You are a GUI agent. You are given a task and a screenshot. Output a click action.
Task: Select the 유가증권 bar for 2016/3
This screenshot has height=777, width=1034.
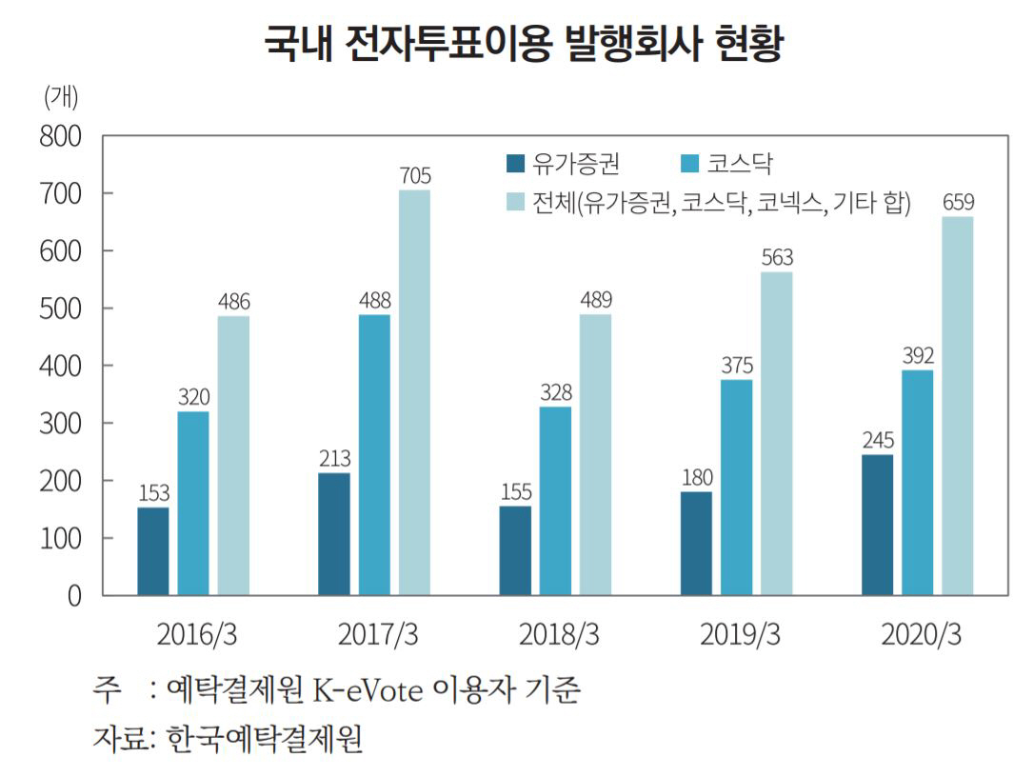pos(153,551)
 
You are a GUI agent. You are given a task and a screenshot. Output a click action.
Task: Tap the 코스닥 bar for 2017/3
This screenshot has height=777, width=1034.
pos(374,455)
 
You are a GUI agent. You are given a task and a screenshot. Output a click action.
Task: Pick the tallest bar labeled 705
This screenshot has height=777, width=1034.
pos(414,392)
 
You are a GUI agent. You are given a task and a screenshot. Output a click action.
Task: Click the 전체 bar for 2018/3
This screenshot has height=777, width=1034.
pos(595,454)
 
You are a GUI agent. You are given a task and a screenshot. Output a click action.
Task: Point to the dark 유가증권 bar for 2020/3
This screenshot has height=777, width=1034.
pos(877,525)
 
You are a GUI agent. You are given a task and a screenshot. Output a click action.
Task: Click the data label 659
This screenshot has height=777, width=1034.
pos(958,203)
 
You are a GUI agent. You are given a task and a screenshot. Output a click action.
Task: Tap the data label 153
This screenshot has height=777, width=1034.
pos(153,493)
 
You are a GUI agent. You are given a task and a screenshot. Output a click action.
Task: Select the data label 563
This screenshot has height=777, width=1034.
pos(776,258)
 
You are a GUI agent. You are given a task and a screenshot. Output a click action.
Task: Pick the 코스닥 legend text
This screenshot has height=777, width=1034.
pos(734,164)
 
